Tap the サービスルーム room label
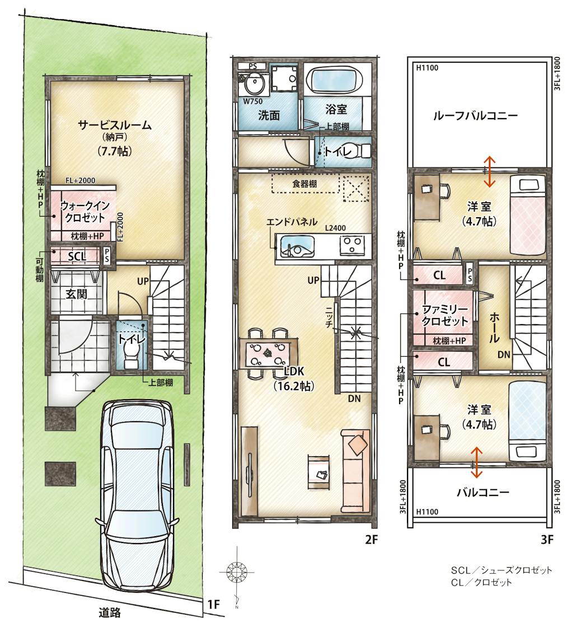[114, 125]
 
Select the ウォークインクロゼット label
[85, 212]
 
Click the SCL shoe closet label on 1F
[77, 256]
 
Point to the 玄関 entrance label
[76, 294]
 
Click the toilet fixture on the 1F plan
[131, 355]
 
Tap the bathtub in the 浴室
[336, 81]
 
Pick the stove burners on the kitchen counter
[352, 245]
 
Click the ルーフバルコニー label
[475, 116]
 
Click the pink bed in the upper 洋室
[527, 216]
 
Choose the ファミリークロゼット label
[445, 315]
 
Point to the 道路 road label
[110, 612]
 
